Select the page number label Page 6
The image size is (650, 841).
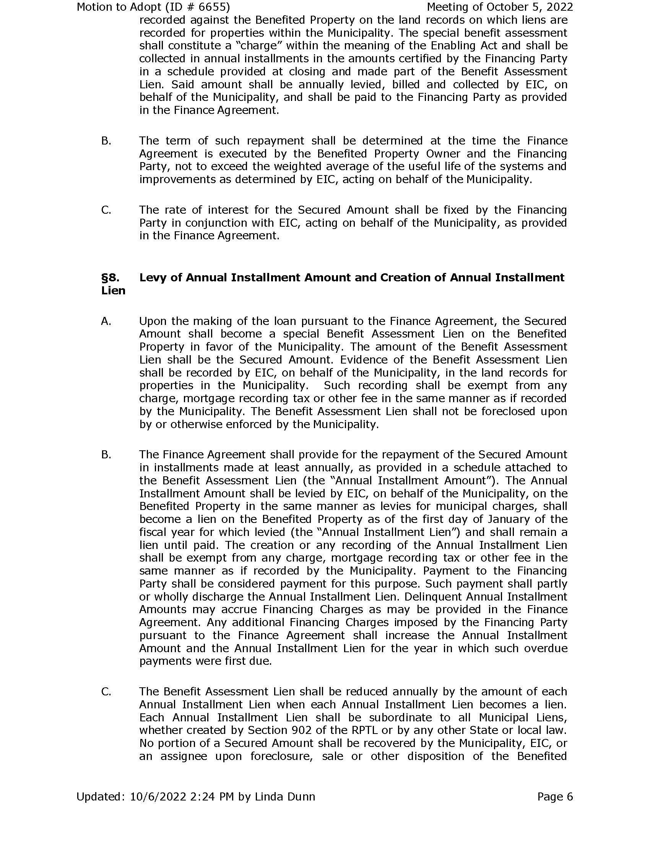[x=555, y=796]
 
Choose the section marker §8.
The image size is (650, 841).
[x=110, y=278]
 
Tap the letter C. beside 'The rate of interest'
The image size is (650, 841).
[x=106, y=210]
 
